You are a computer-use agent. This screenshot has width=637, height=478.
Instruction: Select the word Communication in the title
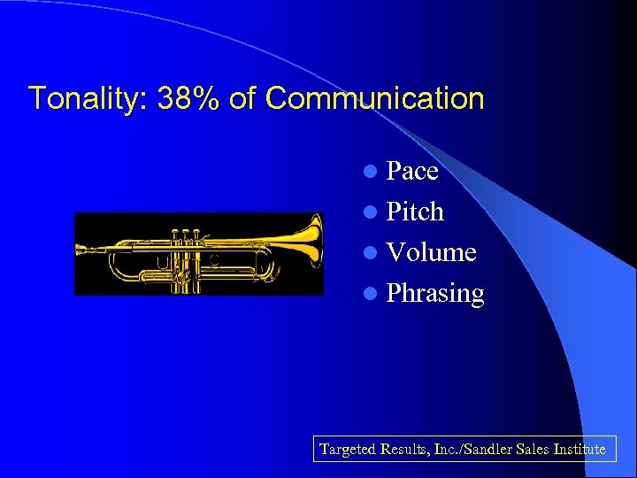[374, 98]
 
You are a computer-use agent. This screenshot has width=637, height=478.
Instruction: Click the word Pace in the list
[412, 171]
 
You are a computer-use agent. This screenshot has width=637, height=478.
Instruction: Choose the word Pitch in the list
[415, 212]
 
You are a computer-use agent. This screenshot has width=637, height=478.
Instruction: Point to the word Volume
[432, 253]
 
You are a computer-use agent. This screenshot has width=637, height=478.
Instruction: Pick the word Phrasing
[435, 294]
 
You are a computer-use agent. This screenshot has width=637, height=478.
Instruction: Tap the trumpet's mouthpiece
[82, 250]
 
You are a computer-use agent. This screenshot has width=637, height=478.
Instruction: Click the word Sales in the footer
[533, 450]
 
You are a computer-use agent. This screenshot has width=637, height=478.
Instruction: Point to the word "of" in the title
[242, 98]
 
